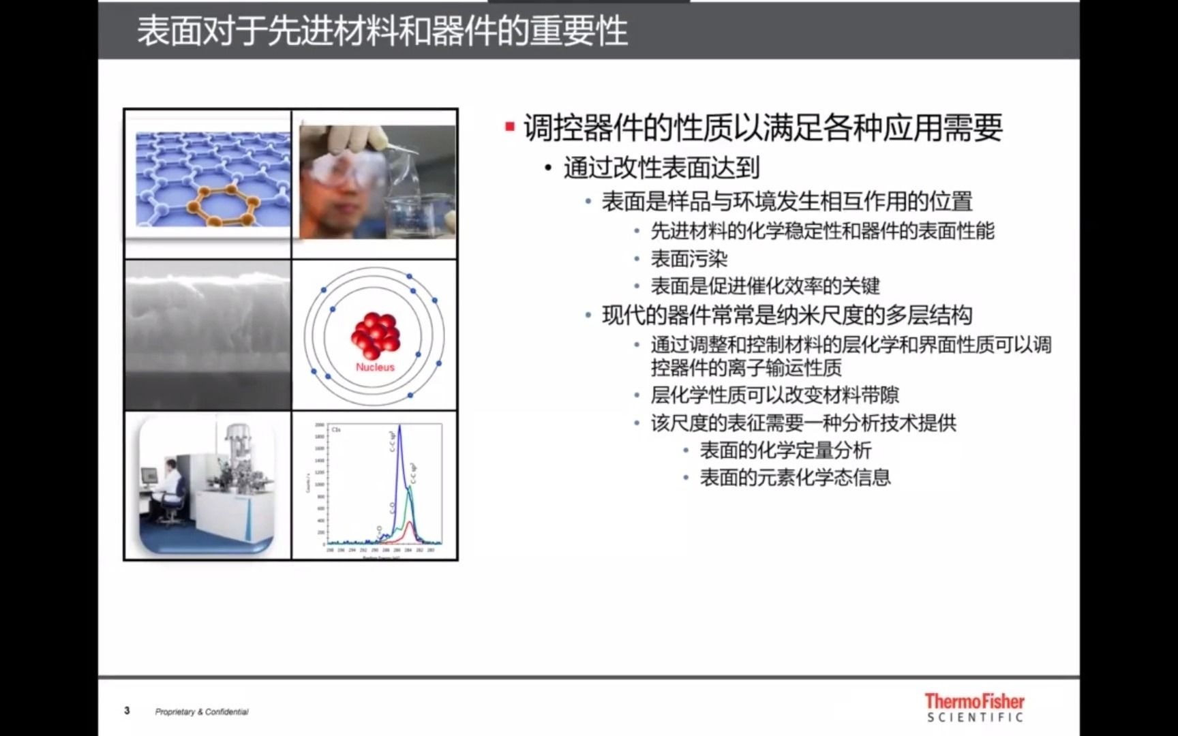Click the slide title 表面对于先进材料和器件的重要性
tap(382, 31)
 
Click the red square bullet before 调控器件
tap(509, 127)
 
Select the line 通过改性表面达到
tap(661, 168)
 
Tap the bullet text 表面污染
tap(689, 259)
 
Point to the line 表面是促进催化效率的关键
tap(765, 286)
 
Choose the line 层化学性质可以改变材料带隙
tap(774, 395)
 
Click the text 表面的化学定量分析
tap(785, 450)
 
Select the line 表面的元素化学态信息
tap(795, 478)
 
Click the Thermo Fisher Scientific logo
tap(974, 707)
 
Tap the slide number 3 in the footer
tap(127, 711)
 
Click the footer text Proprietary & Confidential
tap(202, 711)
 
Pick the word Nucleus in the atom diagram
tap(375, 367)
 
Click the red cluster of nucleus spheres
tap(374, 335)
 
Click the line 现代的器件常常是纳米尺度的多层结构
tap(787, 316)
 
